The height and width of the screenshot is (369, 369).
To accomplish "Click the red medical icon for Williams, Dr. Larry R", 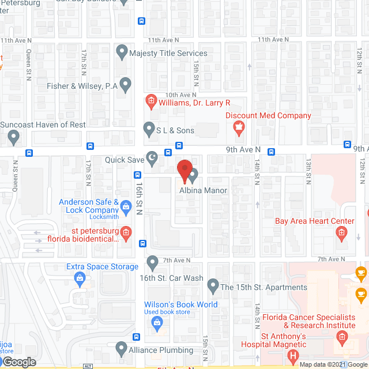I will [x=151, y=103].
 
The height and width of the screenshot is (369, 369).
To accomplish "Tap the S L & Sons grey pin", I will [x=149, y=129].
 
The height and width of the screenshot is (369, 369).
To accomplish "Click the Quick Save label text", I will [x=124, y=160].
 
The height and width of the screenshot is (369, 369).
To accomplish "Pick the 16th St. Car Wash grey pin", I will [x=153, y=263].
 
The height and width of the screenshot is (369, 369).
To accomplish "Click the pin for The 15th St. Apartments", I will [x=213, y=285].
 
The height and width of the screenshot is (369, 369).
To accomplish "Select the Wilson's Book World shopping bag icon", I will [x=156, y=324].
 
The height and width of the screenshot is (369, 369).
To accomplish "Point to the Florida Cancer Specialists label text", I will [x=308, y=318].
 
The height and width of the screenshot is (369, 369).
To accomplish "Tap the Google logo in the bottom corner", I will [x=18, y=362].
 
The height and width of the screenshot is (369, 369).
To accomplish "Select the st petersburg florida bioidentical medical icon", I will [x=127, y=233].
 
